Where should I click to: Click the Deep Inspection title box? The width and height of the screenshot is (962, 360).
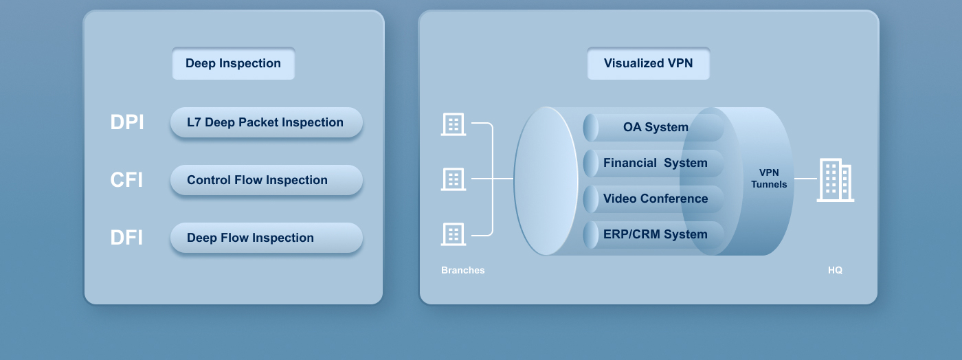coord(233,63)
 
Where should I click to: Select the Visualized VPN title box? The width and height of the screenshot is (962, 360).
coord(648,63)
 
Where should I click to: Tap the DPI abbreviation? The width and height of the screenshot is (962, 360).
coord(127,122)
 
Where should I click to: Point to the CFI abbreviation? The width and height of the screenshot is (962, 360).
coord(126,179)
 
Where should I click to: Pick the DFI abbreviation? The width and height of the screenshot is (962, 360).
coord(126,238)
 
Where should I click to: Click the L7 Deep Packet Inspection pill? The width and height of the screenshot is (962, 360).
coord(267,122)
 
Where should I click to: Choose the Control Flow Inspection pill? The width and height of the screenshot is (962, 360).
coord(267,180)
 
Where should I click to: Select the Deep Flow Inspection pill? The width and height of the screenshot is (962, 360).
coord(267,238)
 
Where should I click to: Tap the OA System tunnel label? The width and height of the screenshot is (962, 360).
coord(656,127)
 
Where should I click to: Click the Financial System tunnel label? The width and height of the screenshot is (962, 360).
coord(656,163)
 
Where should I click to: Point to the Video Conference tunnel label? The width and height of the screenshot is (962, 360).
coord(656,199)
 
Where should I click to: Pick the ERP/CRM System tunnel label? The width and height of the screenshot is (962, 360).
coord(656,234)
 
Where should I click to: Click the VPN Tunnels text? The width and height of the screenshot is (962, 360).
coord(769,178)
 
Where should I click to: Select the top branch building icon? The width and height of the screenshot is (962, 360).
coord(454,124)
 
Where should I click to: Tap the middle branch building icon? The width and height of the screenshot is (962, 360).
coord(454,179)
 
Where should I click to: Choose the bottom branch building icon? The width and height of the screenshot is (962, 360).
coord(454,234)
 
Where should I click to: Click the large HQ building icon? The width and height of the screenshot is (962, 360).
coord(836,180)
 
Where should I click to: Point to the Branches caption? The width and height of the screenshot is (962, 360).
coord(463,270)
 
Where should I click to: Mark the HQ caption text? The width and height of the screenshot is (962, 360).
coord(836,270)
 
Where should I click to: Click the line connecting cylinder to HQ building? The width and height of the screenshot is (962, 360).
coord(805,178)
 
